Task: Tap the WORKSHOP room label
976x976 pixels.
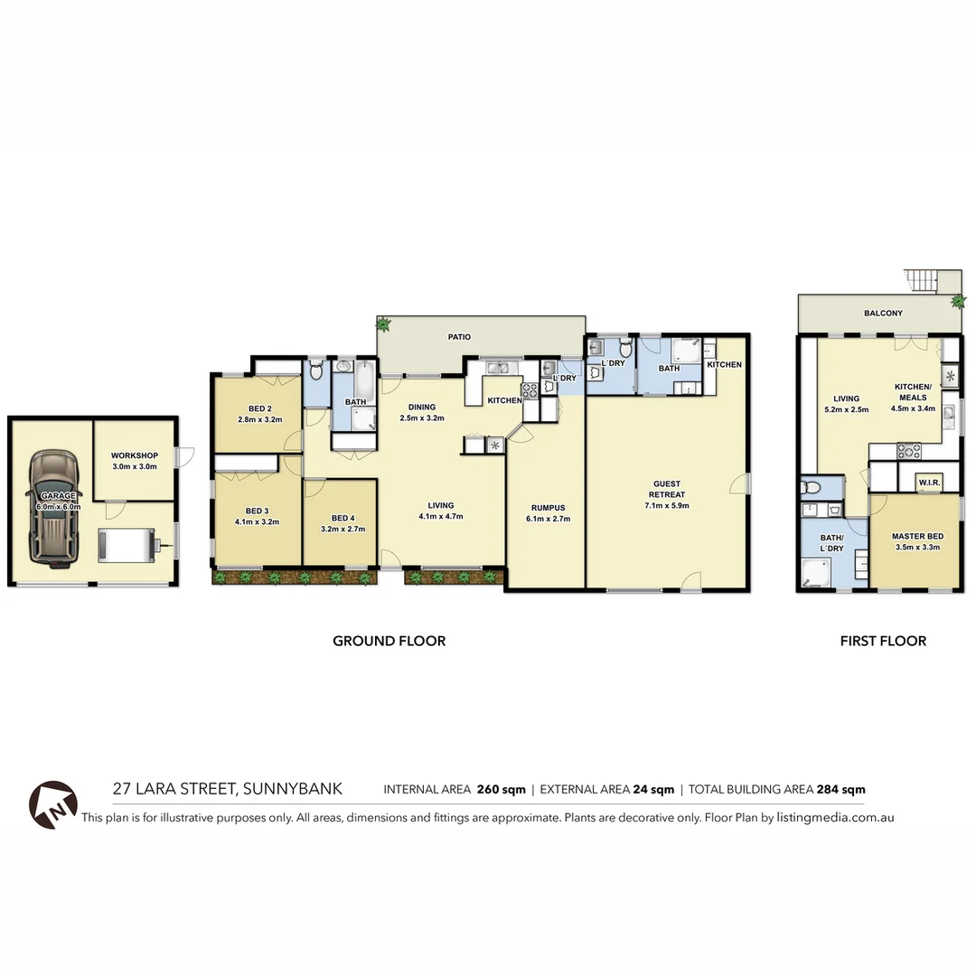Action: click(135, 455)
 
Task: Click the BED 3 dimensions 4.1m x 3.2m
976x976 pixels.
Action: click(257, 521)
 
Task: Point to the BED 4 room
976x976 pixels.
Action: click(341, 523)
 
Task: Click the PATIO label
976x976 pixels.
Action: click(460, 337)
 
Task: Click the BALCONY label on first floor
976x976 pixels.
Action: click(883, 314)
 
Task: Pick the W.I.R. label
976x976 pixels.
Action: click(929, 483)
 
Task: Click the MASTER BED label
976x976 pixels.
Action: click(911, 536)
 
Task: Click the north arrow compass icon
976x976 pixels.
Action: click(52, 804)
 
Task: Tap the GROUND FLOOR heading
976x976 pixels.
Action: click(389, 641)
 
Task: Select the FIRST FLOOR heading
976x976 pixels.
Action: click(883, 641)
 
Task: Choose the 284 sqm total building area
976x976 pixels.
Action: click(840, 789)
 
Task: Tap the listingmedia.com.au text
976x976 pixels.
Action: click(835, 817)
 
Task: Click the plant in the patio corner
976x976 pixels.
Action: click(385, 324)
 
